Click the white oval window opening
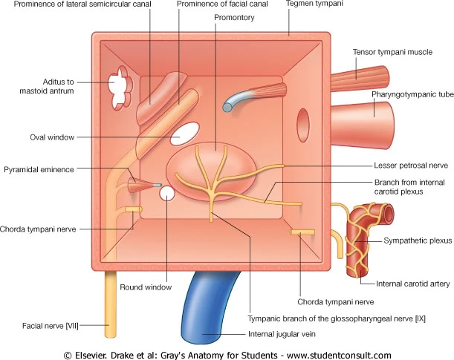pos(185,134)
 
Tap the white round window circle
pos(167,194)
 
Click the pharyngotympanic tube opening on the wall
pos(303,125)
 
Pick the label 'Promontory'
pos(234,18)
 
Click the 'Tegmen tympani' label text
pos(314,4)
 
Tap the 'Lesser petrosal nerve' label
pos(411,166)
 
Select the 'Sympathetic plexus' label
pos(418,240)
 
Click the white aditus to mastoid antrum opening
pos(120,88)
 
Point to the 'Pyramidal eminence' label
pos(39,169)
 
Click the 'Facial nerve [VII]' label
pos(51,326)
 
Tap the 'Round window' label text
pos(146,287)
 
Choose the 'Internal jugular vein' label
pos(282,334)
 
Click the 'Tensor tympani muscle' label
pos(392,52)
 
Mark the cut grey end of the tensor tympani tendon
pos(227,108)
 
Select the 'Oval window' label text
pos(52,137)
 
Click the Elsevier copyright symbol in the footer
pos(68,355)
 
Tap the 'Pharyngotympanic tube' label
pos(412,94)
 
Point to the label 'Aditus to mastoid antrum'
pos(47,86)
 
